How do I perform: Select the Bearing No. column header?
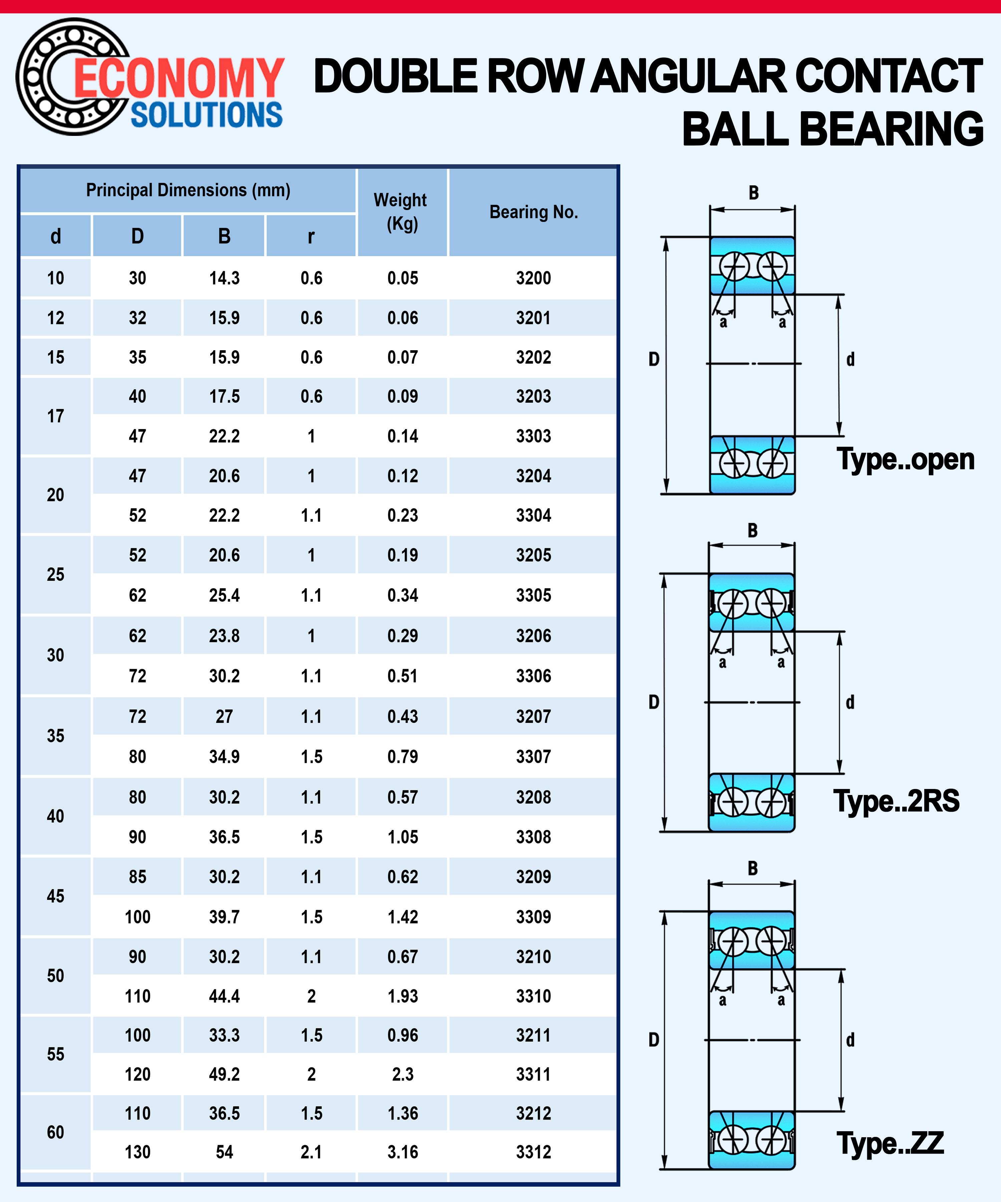pos(533,212)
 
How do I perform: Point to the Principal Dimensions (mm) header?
pos(188,190)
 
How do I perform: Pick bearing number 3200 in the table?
pos(533,278)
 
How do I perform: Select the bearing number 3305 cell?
pos(533,595)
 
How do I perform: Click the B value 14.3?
pos(224,278)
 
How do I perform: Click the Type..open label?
pos(905,459)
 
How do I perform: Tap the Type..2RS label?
pos(896,801)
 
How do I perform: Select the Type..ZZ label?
pos(890,1143)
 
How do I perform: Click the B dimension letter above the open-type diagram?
pos(753,193)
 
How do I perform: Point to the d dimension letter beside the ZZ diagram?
pos(850,1040)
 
